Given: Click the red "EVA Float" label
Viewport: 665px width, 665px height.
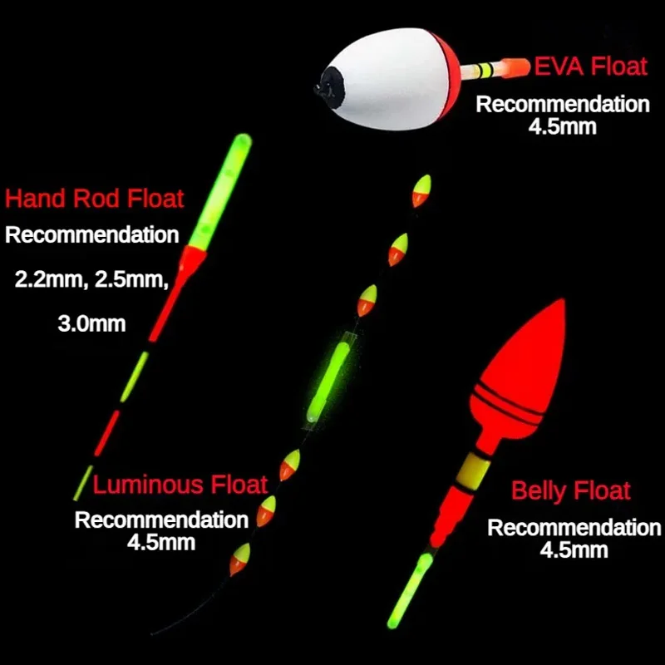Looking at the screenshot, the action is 590,66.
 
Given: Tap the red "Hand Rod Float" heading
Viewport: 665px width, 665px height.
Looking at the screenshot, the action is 94,199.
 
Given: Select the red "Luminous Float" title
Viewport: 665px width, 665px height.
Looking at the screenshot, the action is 180,485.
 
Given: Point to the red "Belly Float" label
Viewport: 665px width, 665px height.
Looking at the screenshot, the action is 571,491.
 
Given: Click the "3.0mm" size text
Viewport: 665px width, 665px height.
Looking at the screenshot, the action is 91,324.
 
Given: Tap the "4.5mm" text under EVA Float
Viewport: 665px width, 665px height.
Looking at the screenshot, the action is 563,127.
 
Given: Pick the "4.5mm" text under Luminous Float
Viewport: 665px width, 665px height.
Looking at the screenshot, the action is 161,543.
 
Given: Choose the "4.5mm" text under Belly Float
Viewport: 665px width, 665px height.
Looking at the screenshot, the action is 574,549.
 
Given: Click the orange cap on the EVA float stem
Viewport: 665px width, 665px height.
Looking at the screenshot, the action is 515,68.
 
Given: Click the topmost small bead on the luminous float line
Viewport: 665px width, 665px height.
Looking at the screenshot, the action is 421,191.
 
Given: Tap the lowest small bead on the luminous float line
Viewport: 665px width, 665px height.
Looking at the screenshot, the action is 240,559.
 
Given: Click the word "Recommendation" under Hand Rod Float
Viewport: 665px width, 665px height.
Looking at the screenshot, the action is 91,235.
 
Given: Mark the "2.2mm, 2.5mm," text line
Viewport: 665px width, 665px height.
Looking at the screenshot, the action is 91,280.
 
